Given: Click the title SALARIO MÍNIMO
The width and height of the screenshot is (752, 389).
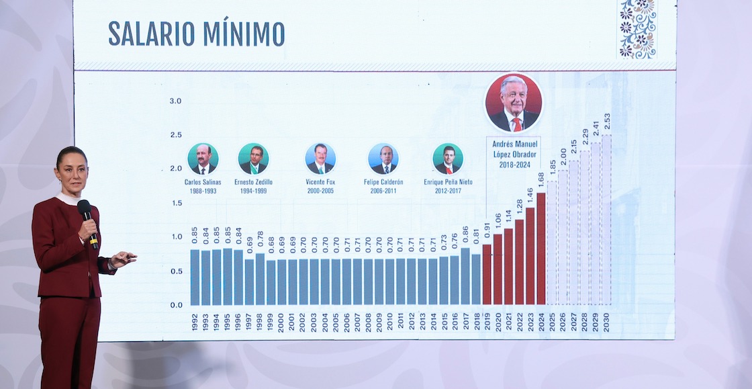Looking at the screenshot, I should click(x=196, y=34).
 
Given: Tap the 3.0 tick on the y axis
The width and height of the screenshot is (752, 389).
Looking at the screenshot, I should click(x=175, y=101).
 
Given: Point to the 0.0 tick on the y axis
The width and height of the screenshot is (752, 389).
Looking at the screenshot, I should click(x=175, y=305).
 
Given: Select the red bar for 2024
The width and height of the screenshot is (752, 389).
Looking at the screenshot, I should click(x=541, y=249).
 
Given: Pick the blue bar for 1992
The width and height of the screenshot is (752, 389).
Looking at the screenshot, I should click(x=195, y=277).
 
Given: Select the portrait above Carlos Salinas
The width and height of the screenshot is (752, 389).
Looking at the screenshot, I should click(x=203, y=159).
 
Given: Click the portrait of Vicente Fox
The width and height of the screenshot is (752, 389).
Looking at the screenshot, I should click(x=320, y=159).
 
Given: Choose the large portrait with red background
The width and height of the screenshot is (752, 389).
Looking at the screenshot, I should click(x=514, y=103).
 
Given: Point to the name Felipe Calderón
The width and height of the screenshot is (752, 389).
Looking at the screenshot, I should click(x=383, y=182).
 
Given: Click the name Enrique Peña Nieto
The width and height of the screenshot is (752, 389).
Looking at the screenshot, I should click(x=448, y=182).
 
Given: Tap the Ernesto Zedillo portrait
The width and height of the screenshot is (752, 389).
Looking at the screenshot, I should click(x=254, y=159).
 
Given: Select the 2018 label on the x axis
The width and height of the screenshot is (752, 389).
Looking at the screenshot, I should click(x=476, y=322).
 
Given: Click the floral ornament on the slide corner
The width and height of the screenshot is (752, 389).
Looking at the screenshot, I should click(x=637, y=29).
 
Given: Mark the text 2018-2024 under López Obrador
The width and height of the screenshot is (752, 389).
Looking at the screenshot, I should click(x=514, y=164).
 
